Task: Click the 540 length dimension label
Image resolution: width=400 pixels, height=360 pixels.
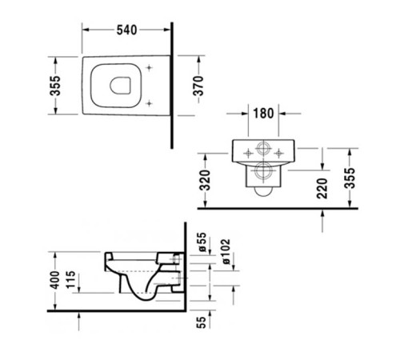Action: (x=126, y=30)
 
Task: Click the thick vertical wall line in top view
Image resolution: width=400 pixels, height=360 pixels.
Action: (x=172, y=88)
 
